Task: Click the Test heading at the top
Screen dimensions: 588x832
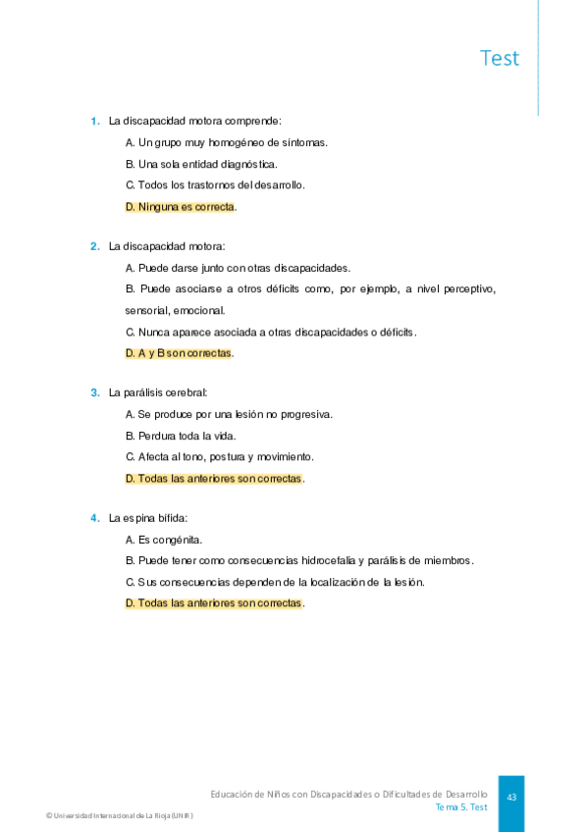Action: pos(500,58)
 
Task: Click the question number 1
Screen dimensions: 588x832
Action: pos(94,122)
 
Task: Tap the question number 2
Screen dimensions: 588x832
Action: pos(94,246)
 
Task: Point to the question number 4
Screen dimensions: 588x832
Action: pos(94,518)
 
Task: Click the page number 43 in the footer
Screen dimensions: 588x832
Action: pos(511,798)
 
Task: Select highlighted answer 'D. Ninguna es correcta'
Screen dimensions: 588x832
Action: pos(181,207)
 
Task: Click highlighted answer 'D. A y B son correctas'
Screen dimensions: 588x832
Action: pos(179,353)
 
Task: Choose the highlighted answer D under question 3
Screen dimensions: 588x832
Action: pos(214,479)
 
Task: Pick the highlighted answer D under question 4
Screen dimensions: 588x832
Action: pos(214,603)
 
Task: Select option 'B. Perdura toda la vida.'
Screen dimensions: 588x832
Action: pos(181,436)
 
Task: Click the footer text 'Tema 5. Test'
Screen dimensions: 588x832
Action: pos(461,807)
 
